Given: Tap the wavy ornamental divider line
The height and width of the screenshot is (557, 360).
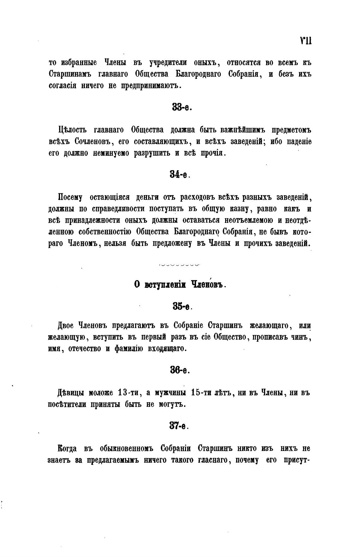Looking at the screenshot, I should (179, 265).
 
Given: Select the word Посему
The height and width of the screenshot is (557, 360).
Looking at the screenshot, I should (70, 198).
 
